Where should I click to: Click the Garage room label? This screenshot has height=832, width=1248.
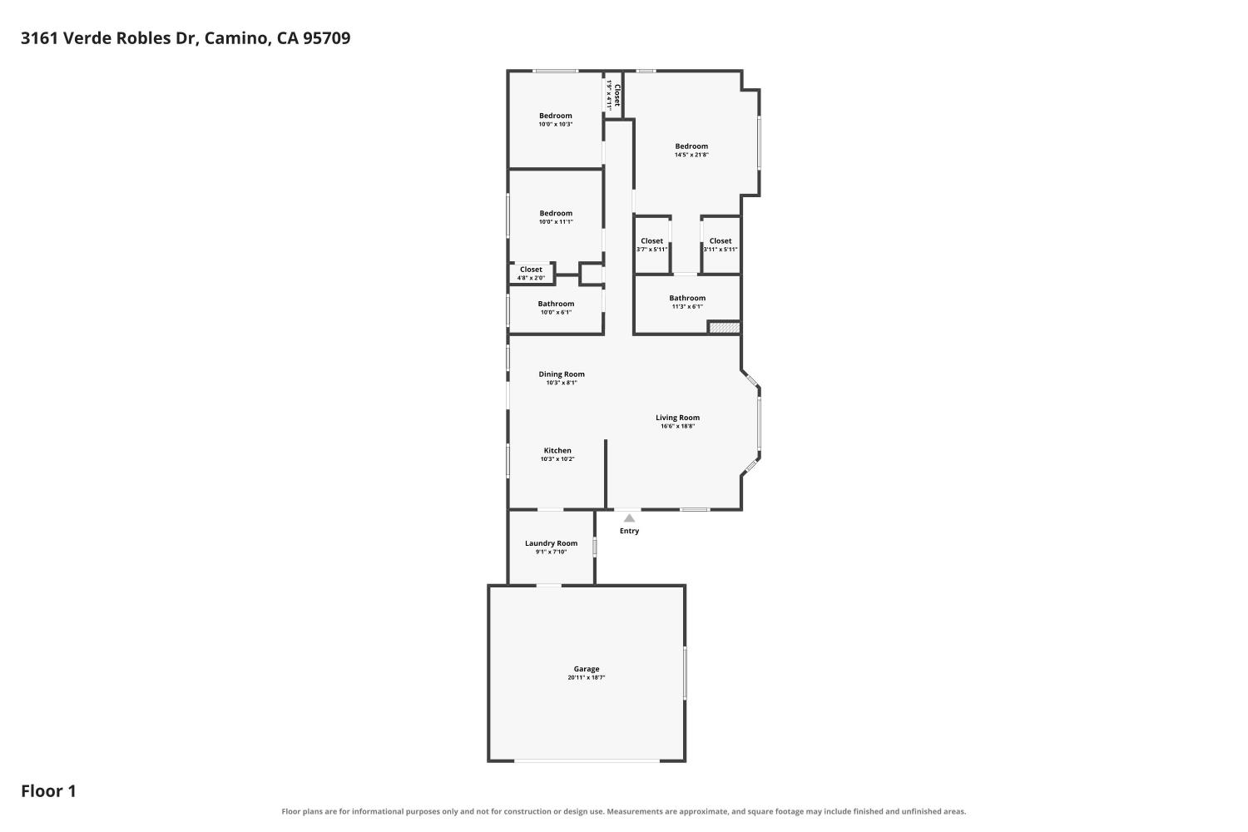click(x=586, y=669)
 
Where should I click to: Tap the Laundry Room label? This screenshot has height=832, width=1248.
click(x=551, y=542)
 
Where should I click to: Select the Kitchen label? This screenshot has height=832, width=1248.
click(x=557, y=450)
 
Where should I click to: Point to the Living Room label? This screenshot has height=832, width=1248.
click(x=677, y=418)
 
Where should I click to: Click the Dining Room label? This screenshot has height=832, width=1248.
click(x=562, y=374)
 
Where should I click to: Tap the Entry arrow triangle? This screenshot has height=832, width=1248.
click(x=629, y=518)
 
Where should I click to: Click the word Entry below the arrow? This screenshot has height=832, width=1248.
click(x=629, y=531)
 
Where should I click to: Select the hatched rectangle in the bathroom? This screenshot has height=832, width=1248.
click(x=725, y=327)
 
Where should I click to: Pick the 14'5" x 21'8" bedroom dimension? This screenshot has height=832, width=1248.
click(x=691, y=155)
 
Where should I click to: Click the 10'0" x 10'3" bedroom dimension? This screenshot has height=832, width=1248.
click(x=556, y=124)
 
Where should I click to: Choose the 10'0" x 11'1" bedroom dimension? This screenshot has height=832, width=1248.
click(x=556, y=222)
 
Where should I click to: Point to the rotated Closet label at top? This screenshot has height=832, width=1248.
click(x=617, y=96)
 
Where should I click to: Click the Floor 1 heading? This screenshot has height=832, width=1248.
click(x=48, y=790)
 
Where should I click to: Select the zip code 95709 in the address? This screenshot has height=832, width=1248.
click(x=326, y=38)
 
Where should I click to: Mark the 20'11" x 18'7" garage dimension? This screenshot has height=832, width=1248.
click(x=586, y=677)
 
